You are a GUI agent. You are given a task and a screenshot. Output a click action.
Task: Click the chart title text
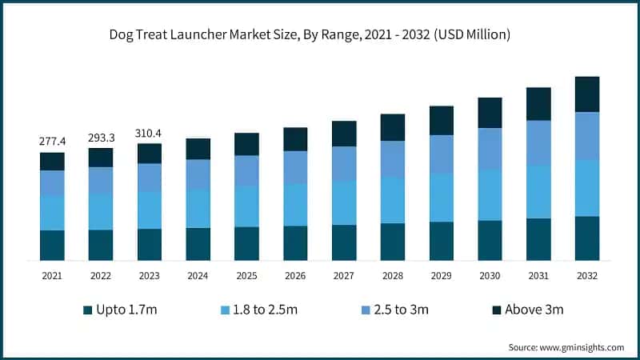(x=320, y=34)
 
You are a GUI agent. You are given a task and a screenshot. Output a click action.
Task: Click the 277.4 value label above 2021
(x=52, y=142)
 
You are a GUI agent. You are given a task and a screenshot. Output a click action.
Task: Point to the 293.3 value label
(x=101, y=137)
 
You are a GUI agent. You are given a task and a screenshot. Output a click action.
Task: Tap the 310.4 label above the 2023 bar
(x=150, y=132)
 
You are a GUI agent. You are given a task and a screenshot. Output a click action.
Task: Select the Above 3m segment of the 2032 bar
(x=587, y=94)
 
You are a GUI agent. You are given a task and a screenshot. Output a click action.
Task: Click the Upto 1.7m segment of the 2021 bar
(x=52, y=245)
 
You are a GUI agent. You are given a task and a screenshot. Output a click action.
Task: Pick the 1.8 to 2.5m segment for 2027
(x=344, y=202)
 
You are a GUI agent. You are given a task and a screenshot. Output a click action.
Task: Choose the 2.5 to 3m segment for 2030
(x=490, y=149)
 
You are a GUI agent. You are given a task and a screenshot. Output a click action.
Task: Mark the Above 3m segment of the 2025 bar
(x=246, y=144)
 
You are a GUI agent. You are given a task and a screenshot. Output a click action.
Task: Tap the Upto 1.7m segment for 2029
(x=442, y=241)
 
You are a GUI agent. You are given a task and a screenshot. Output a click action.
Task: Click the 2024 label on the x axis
(x=198, y=275)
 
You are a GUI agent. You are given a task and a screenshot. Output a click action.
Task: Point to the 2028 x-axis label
(x=392, y=275)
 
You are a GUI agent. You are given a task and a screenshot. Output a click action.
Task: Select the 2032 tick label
(x=587, y=275)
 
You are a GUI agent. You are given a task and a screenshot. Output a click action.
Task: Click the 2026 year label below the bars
(x=295, y=275)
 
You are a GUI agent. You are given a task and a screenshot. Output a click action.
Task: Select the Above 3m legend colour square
(x=496, y=310)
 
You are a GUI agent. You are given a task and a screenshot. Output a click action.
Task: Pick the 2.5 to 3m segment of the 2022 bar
(x=101, y=180)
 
